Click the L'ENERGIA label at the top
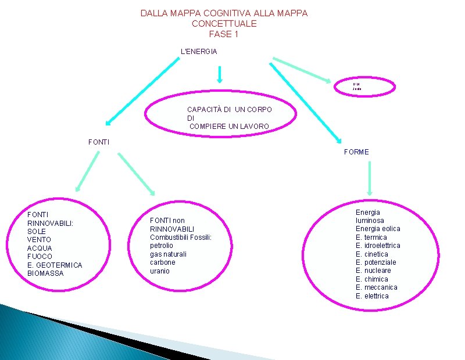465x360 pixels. coord(199,52)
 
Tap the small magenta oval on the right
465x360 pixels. coord(364,87)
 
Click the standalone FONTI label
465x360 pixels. coord(98,142)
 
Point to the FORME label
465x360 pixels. coord(356,152)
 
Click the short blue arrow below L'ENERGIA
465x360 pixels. coord(220,74)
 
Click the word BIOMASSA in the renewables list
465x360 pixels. coord(45,273)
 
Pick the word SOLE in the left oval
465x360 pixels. coord(36,232)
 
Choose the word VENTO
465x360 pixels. coord(39,240)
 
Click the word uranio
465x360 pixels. coord(160,271)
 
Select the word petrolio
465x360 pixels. coord(162,246)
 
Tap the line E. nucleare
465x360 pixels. coord(373,271)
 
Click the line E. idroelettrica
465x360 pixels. coord(378,246)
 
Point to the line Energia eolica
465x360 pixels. coord(378,229)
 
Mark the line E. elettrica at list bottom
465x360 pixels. coord(372,296)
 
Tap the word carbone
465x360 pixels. coord(162,262)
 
